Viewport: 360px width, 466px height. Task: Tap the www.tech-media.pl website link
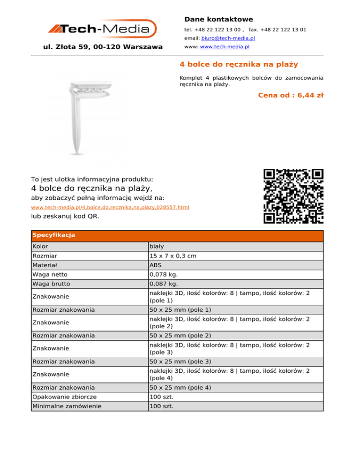[224, 47]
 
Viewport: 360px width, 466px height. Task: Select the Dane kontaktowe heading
[218, 19]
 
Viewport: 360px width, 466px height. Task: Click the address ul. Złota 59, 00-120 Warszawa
[103, 47]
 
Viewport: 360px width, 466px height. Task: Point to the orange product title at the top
[239, 64]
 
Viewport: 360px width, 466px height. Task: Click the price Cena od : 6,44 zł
[291, 95]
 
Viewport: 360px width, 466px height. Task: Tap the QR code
[294, 196]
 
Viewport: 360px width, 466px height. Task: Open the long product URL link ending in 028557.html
[110, 207]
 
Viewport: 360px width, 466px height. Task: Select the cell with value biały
[157, 246]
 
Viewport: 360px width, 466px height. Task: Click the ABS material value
[156, 265]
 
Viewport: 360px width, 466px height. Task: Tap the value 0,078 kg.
[162, 274]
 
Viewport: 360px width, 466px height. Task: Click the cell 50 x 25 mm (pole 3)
[180, 361]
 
